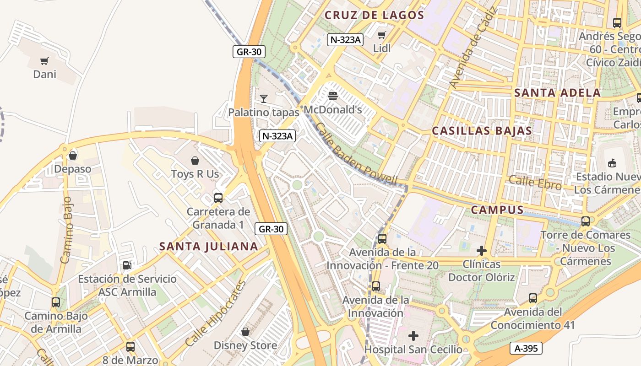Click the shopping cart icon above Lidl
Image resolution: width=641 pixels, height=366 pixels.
381,35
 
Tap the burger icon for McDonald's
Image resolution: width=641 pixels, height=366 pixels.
333,96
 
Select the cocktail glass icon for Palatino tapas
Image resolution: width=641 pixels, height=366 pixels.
263,98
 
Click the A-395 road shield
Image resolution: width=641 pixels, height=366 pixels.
526,348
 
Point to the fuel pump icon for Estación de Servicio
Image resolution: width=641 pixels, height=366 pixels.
127,265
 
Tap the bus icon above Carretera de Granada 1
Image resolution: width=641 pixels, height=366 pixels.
218,198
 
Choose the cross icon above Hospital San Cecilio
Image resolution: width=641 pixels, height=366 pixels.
413,336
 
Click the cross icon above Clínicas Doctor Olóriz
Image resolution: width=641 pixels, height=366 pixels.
481,251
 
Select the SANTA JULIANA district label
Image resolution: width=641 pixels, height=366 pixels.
208,247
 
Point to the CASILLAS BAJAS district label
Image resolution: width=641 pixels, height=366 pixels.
482,131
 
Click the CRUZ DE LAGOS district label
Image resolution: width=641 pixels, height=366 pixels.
374,15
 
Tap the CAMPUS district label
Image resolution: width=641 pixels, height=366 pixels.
497,210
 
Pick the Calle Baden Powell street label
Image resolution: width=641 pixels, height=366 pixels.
356,154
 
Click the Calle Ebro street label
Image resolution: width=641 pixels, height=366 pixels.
535,183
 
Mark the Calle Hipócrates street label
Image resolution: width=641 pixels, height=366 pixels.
216,313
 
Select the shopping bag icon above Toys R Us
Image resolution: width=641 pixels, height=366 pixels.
195,161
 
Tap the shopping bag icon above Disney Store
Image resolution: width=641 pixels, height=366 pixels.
245,332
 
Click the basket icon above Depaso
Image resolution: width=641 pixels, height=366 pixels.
72,156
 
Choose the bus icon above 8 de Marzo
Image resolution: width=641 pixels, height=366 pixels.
130,347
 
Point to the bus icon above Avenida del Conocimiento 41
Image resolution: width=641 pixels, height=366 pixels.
532,298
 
